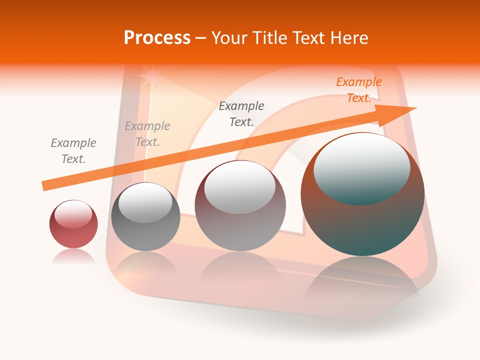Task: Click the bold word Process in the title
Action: [x=157, y=38]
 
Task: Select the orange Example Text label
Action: [x=358, y=90]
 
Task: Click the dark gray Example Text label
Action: [x=241, y=113]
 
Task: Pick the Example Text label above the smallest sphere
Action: [x=73, y=151]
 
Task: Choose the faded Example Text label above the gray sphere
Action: [x=147, y=134]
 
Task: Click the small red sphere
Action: [x=73, y=230]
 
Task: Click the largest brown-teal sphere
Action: [x=362, y=220]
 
